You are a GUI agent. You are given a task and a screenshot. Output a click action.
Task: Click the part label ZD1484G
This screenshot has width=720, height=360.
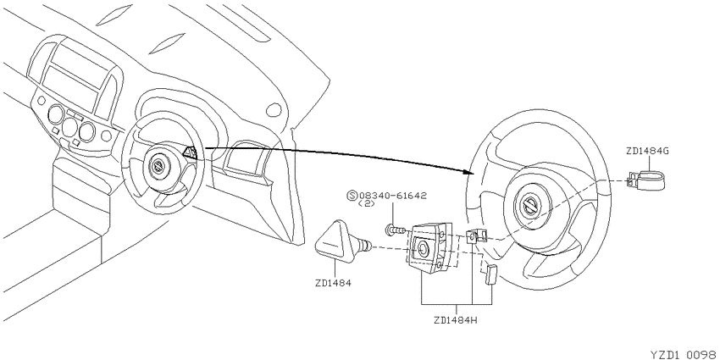pos(646,151)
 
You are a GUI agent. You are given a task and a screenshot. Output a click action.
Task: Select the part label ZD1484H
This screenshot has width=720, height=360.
pos(456,319)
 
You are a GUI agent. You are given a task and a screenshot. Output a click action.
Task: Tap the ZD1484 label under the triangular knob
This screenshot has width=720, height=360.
pos(333,283)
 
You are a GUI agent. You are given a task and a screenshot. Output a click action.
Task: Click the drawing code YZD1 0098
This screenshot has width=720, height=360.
pos(684,355)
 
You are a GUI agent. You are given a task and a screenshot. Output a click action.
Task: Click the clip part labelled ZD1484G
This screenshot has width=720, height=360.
pos(647,180)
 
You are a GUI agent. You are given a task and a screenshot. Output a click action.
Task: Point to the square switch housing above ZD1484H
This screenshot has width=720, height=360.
pos(429,247)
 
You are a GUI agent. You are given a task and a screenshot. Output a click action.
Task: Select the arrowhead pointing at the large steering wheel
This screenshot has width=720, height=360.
pos(468,171)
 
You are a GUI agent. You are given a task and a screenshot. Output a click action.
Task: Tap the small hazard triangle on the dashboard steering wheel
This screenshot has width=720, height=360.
pos(191,152)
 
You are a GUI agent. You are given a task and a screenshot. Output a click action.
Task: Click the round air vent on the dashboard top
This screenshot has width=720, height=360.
pos(274,109)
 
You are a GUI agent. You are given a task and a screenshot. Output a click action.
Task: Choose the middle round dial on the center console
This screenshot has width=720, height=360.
pos(70,126)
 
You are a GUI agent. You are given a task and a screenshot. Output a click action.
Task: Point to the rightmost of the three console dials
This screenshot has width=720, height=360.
pos(86,131)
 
